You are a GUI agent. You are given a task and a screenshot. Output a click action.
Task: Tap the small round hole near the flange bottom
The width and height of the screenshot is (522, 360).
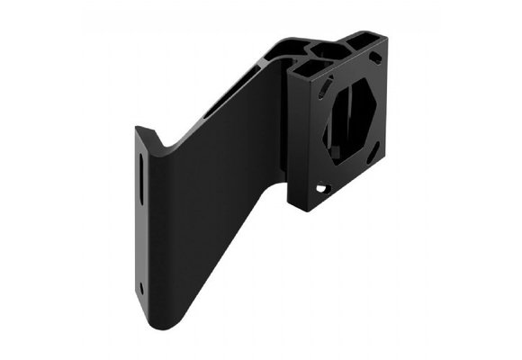141,288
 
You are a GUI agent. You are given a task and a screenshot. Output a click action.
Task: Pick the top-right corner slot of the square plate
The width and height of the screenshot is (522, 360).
374,57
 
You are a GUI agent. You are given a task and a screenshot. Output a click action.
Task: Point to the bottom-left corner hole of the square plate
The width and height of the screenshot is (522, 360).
320,188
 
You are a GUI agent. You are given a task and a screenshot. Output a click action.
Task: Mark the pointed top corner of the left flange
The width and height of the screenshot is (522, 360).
138,128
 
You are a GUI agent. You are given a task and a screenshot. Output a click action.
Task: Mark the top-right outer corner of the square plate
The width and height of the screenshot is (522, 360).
387,37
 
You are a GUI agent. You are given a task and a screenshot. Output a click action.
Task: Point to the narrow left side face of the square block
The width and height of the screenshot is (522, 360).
296,135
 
